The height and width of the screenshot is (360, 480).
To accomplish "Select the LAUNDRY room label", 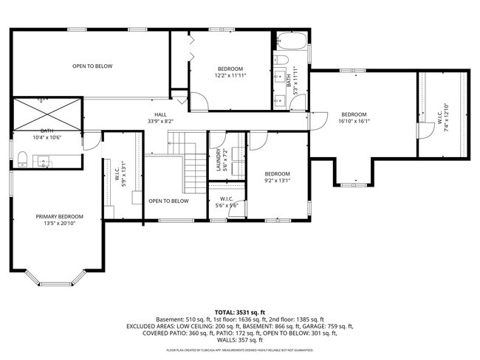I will click(x=219, y=159).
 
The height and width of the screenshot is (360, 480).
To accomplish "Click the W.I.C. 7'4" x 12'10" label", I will click(x=441, y=114).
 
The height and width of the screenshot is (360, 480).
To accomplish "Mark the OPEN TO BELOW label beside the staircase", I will click(x=168, y=201).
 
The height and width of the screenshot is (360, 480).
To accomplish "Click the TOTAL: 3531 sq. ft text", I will click(x=239, y=311).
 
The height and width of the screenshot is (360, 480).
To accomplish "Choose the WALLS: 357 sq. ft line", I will click(x=239, y=340).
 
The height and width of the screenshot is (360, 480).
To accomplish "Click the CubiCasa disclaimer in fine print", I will click(x=239, y=350).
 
